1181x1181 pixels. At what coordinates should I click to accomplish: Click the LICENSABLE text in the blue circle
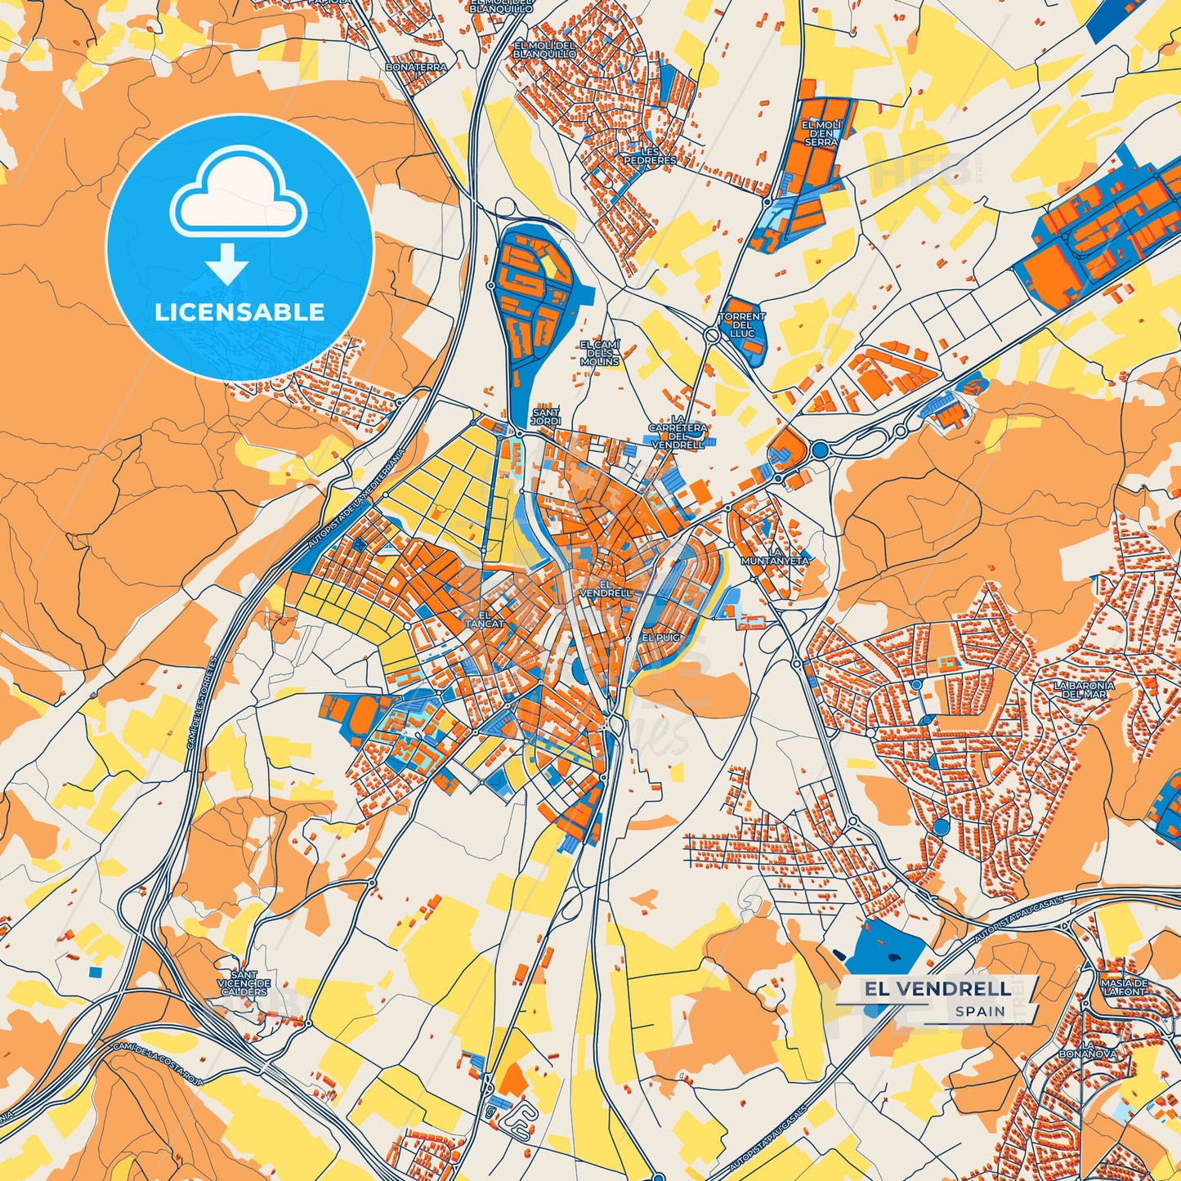(x=239, y=312)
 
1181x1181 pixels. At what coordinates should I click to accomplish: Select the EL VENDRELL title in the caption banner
(x=937, y=989)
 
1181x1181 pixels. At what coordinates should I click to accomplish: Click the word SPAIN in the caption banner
(x=980, y=1011)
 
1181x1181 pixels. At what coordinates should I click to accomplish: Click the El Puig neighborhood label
(x=660, y=637)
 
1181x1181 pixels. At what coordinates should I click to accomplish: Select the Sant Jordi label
(x=546, y=417)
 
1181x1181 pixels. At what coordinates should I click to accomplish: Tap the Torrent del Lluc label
(x=742, y=324)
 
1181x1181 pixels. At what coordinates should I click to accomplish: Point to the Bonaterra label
(x=416, y=67)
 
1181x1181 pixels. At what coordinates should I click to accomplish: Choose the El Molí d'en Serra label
(x=821, y=133)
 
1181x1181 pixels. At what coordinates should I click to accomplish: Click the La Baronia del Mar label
(x=1084, y=689)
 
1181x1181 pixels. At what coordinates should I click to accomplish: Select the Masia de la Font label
(x=1124, y=986)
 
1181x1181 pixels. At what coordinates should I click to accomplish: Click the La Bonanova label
(x=1087, y=1049)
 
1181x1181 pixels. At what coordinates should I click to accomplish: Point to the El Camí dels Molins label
(x=600, y=353)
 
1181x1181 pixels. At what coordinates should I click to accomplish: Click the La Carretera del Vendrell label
(x=678, y=432)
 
